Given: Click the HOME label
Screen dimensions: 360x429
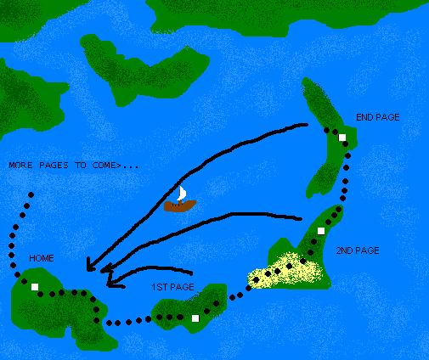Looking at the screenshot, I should tap(42, 257).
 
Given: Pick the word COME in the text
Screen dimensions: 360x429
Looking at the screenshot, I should tap(105, 164).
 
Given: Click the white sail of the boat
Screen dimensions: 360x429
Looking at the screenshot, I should tap(180, 193).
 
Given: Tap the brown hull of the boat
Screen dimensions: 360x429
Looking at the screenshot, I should tap(179, 205).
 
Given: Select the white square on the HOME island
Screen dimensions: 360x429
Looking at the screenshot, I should tap(35, 288).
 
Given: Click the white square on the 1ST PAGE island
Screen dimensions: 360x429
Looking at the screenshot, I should tap(195, 318).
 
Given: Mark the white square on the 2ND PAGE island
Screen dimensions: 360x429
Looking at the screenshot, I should tap(322, 231).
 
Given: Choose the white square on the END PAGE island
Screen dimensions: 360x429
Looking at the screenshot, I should tap(342, 138).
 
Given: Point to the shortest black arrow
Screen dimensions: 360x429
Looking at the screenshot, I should tap(153, 273).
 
